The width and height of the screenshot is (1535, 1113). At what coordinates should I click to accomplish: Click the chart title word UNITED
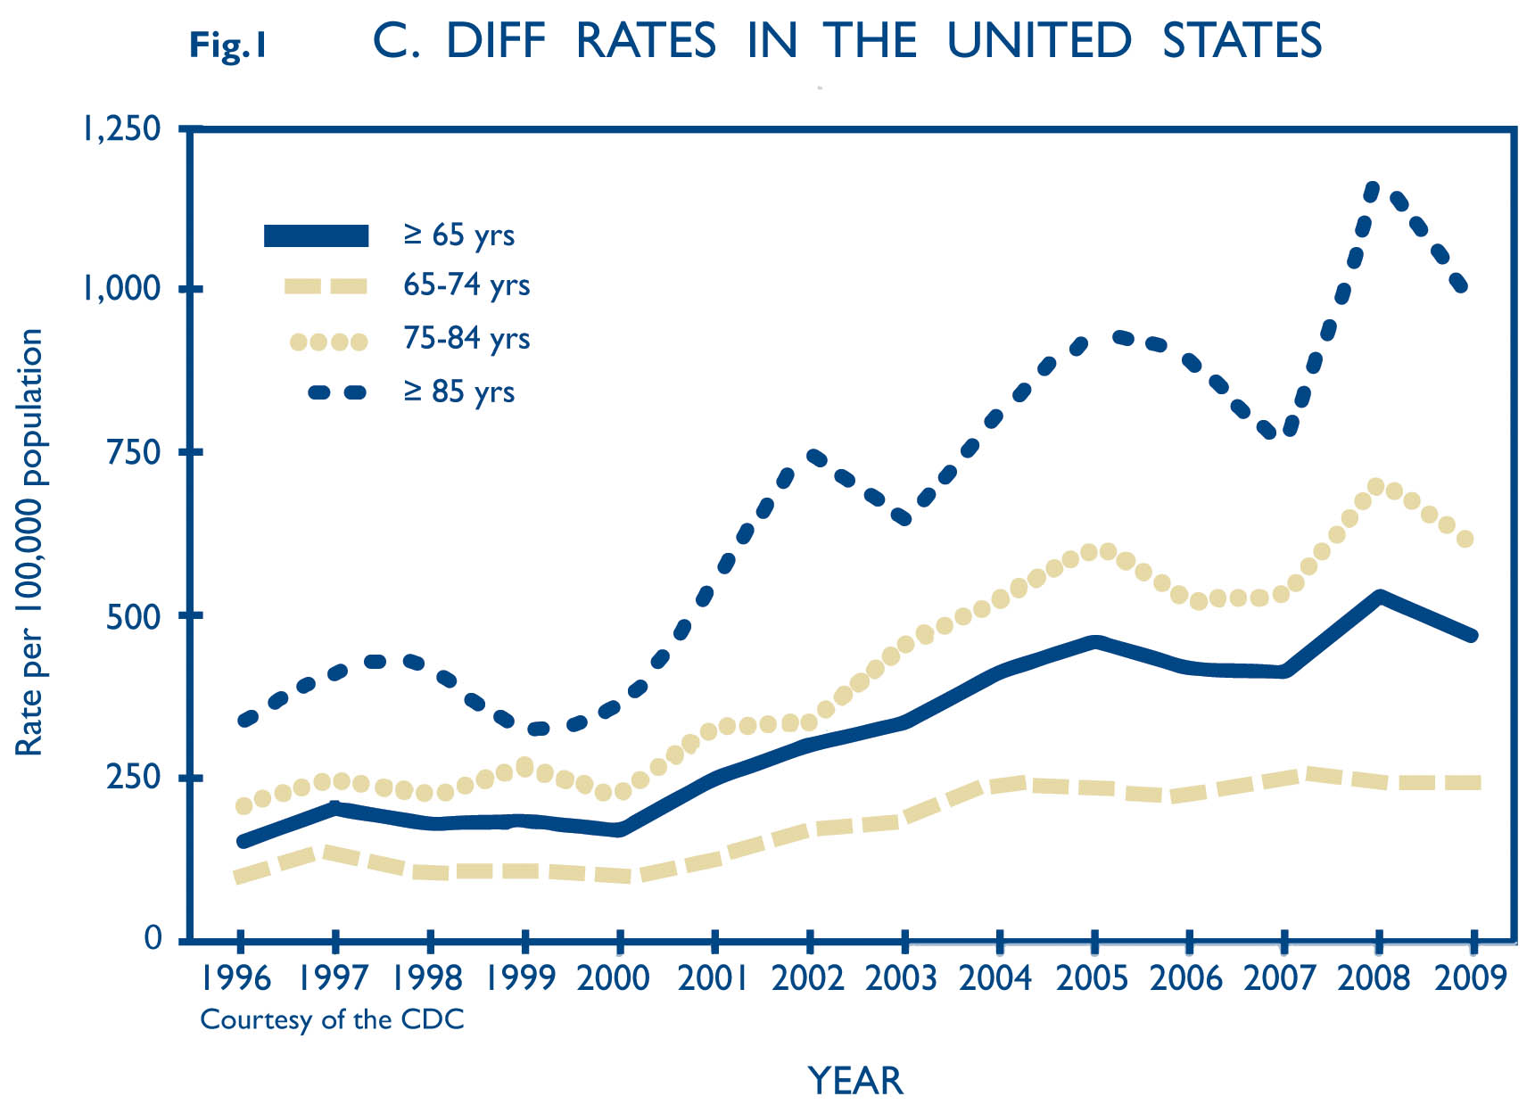(x=1039, y=41)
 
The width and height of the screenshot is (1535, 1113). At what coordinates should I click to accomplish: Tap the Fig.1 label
(x=228, y=45)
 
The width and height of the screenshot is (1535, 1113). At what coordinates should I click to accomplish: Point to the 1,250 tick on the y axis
(x=121, y=128)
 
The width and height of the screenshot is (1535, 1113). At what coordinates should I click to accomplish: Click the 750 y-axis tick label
(x=133, y=452)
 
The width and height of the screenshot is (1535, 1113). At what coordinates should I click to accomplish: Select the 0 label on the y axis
(x=153, y=938)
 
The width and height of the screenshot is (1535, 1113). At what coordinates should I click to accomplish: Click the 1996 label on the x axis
(x=235, y=978)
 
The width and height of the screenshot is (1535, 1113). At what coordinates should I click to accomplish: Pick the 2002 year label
(x=807, y=978)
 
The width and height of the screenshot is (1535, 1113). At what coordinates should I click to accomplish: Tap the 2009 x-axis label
(x=1470, y=978)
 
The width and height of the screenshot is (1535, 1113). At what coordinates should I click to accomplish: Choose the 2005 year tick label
(x=1092, y=978)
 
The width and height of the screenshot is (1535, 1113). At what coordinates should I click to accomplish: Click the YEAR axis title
(x=855, y=1081)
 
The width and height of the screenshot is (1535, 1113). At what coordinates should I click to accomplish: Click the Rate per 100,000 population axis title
(x=29, y=542)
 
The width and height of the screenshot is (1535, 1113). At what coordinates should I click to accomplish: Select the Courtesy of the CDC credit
(x=332, y=1019)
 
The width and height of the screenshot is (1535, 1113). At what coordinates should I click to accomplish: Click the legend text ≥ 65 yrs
(x=459, y=235)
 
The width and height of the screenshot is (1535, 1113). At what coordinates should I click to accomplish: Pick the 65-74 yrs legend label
(x=466, y=284)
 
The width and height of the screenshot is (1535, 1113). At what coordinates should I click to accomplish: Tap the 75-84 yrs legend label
(x=466, y=338)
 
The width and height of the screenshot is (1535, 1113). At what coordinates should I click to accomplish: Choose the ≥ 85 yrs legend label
(x=459, y=392)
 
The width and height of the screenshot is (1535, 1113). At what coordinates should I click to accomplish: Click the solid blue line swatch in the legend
(x=317, y=235)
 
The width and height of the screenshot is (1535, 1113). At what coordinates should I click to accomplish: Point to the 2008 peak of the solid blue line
(x=1379, y=597)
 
